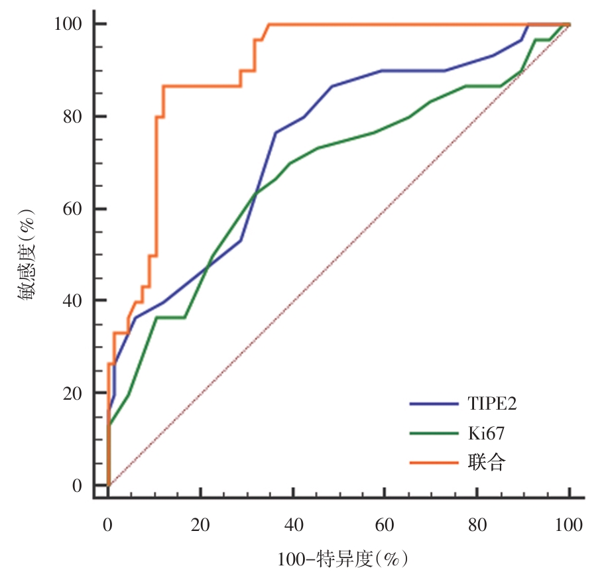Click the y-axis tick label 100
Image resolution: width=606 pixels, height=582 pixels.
[68, 24]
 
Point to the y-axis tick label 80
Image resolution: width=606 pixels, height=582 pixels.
[72, 117]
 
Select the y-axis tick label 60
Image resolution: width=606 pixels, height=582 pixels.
[72, 209]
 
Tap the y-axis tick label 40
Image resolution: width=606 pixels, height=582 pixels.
[72, 301]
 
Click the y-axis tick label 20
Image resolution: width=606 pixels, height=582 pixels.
[72, 394]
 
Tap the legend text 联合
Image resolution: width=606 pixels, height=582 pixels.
[482, 462]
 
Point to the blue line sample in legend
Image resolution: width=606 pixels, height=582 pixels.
[433, 403]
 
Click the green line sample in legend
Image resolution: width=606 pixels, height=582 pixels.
[433, 433]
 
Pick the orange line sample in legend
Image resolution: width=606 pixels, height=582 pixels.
[433, 462]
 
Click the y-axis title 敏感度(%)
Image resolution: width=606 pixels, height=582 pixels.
[27, 255]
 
